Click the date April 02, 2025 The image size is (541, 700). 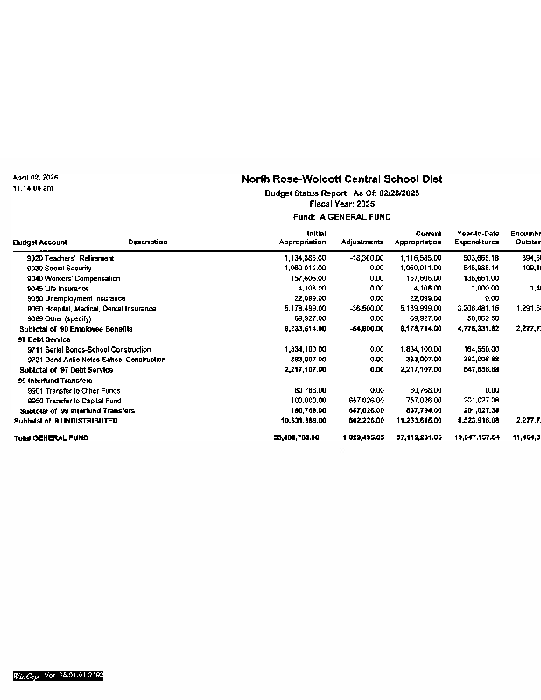(35, 178)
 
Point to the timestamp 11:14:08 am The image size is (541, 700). (32, 188)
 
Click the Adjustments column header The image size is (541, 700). (362, 242)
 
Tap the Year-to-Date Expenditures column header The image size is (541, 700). (477, 238)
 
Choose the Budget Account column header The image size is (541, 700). (39, 242)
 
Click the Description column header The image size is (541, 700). (147, 242)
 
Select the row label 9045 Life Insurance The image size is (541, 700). (58, 289)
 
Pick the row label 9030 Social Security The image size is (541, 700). (60, 269)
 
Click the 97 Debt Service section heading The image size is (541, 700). (44, 339)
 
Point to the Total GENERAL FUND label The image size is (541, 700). (52, 437)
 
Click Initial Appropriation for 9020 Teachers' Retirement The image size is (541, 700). (306, 258)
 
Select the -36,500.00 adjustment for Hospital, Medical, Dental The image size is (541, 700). (367, 309)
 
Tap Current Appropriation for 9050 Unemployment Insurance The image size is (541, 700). (425, 298)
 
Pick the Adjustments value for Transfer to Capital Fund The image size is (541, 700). (367, 401)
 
